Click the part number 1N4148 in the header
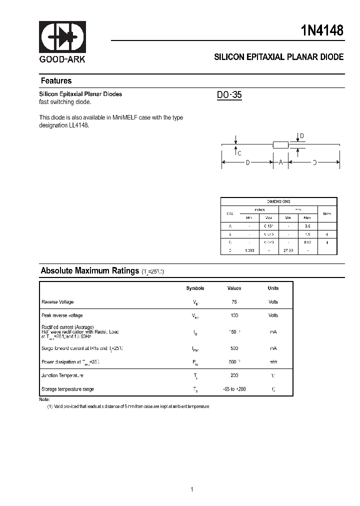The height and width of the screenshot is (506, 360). (x=322, y=30)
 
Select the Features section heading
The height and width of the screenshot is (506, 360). (x=56, y=81)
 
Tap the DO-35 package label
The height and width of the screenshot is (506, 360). (x=229, y=94)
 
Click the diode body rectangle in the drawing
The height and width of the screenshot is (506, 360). (x=280, y=145)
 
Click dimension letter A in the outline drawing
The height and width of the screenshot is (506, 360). (x=280, y=162)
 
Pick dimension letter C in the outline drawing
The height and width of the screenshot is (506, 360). (x=239, y=153)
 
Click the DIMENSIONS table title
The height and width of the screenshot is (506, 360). (x=278, y=201)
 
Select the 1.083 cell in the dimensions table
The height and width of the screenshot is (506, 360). (x=249, y=250)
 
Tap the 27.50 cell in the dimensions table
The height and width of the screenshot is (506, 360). (x=288, y=250)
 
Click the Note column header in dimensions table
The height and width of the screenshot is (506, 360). (x=327, y=213)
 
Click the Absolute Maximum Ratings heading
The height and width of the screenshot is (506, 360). (x=89, y=271)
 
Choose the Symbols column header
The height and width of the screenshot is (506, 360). (x=195, y=288)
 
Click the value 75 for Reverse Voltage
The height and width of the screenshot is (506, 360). (x=234, y=302)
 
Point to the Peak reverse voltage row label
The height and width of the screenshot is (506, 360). (x=62, y=315)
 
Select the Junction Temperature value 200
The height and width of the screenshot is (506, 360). (x=234, y=375)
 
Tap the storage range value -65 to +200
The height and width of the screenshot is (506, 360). (x=234, y=389)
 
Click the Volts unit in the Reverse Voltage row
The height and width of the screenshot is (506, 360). (x=273, y=302)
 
